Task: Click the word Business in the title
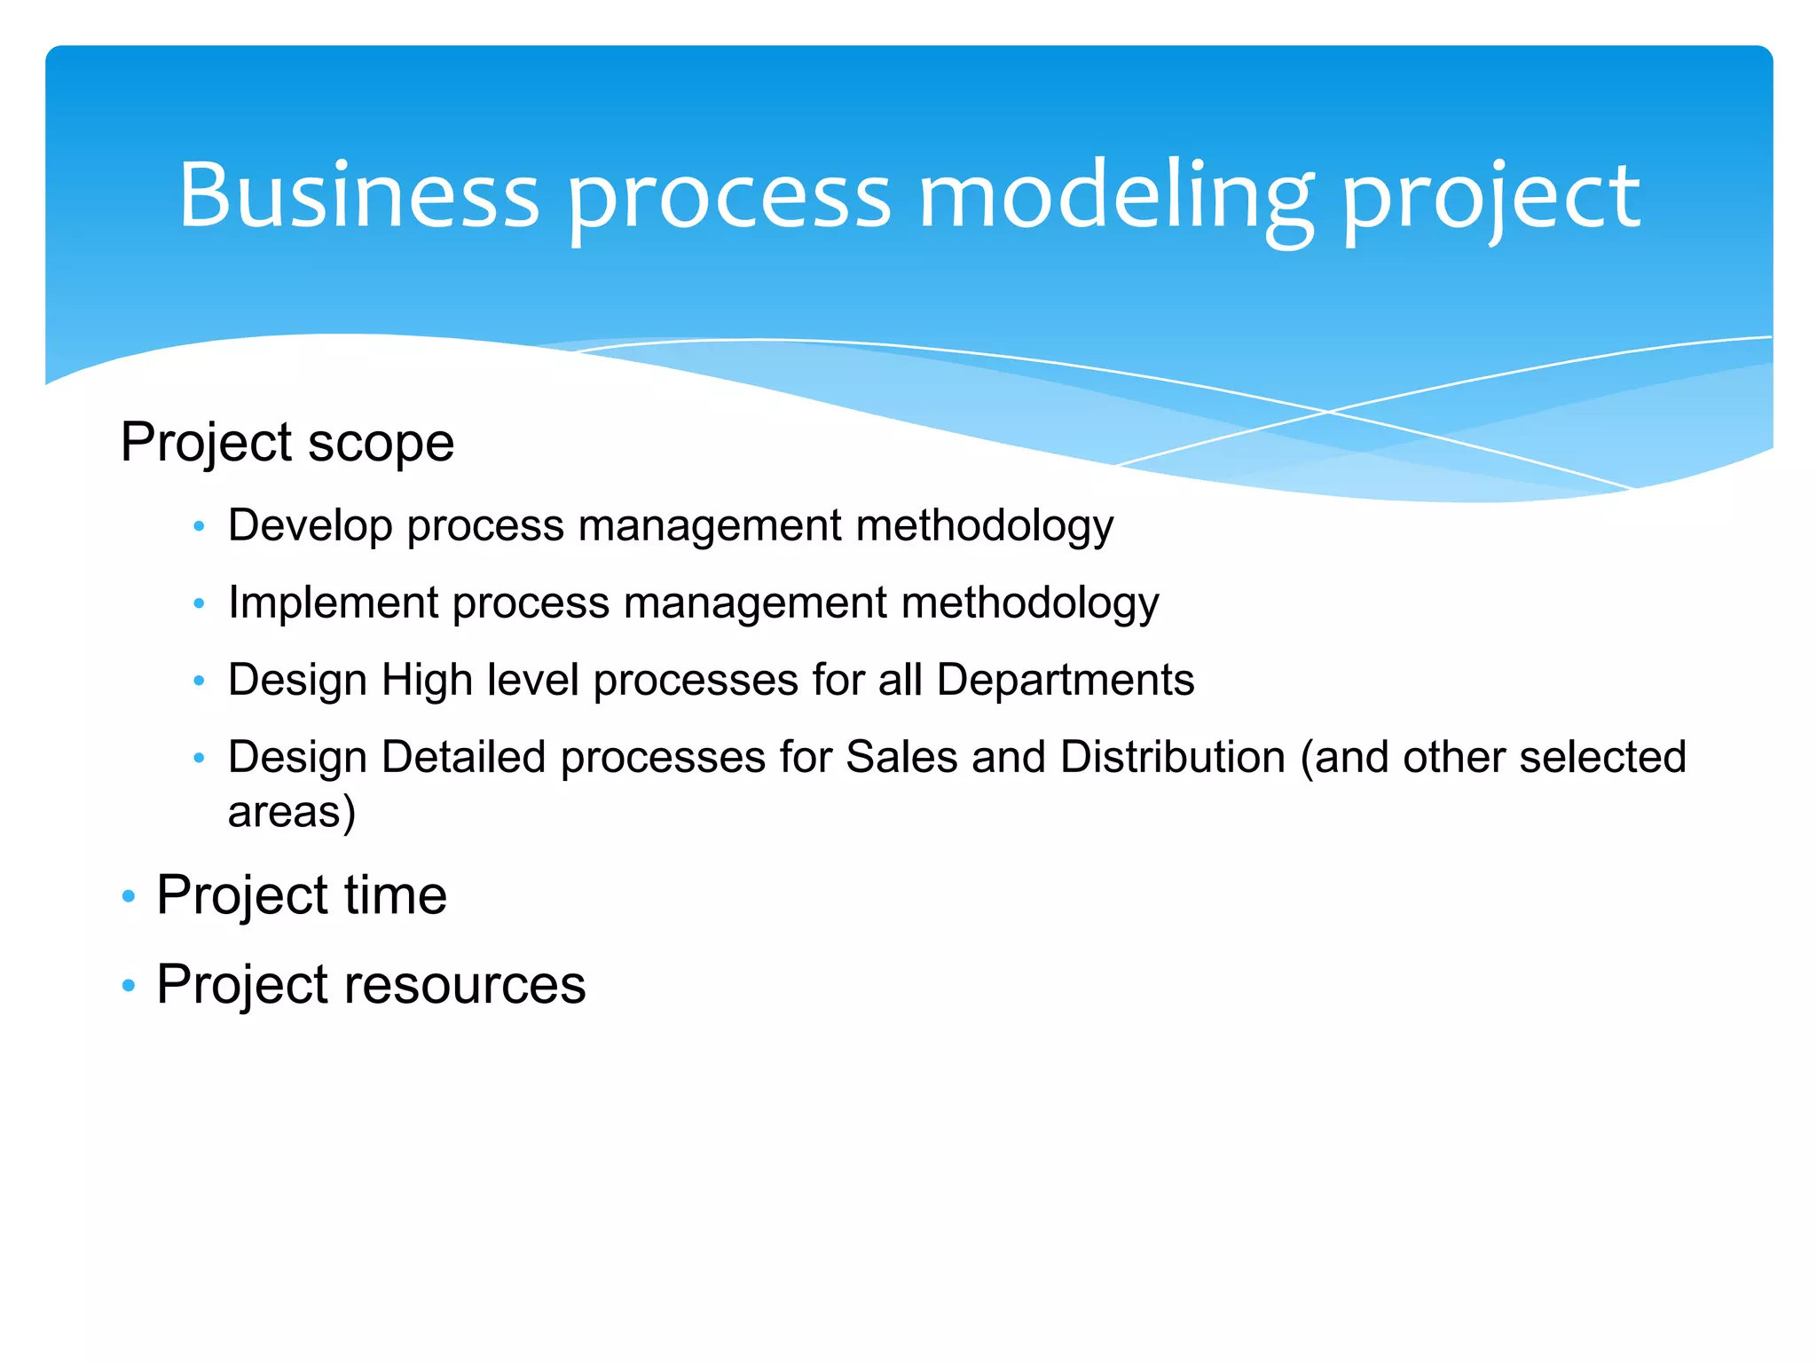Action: click(x=358, y=195)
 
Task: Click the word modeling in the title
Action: click(x=1115, y=195)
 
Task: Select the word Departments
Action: click(x=1065, y=680)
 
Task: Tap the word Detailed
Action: click(x=463, y=757)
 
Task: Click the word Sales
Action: click(x=901, y=757)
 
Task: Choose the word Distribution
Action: click(x=1172, y=757)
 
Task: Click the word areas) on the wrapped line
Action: click(x=291, y=812)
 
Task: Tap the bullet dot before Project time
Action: click(x=129, y=896)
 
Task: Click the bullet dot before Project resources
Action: click(x=129, y=985)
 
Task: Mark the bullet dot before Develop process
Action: click(x=199, y=527)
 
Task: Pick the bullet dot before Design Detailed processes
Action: click(x=199, y=759)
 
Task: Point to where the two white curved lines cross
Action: click(x=1328, y=412)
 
